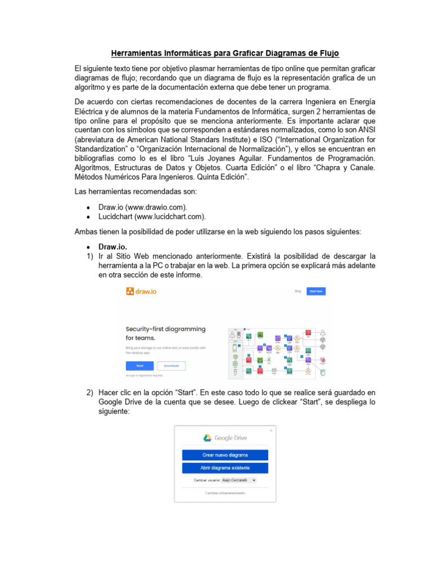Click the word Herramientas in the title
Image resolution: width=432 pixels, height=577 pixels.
pyautogui.click(x=138, y=54)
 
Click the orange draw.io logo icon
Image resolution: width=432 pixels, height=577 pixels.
pyautogui.click(x=130, y=291)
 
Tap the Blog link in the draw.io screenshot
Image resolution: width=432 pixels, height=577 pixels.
pyautogui.click(x=298, y=291)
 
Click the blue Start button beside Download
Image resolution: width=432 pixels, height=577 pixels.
pyautogui.click(x=139, y=365)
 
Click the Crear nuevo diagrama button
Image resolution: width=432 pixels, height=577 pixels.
pyautogui.click(x=225, y=455)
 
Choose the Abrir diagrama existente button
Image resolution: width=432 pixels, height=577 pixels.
pyautogui.click(x=225, y=468)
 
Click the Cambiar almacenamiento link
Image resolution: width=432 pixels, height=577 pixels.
pyautogui.click(x=225, y=493)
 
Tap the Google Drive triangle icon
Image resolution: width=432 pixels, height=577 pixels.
pyautogui.click(x=207, y=438)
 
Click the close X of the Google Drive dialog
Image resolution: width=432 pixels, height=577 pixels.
pyautogui.click(x=271, y=430)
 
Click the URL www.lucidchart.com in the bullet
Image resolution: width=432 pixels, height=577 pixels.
pyautogui.click(x=169, y=216)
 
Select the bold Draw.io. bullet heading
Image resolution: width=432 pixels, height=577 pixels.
pyautogui.click(x=112, y=247)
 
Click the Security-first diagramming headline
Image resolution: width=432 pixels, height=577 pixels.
pyautogui.click(x=165, y=329)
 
